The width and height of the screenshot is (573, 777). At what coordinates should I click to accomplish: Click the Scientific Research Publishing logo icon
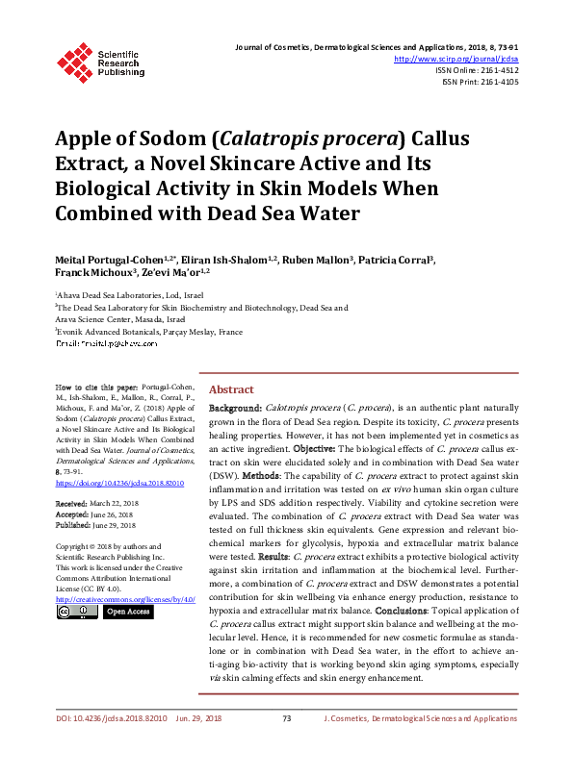click(x=74, y=59)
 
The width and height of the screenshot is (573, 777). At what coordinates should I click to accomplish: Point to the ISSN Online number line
click(x=477, y=70)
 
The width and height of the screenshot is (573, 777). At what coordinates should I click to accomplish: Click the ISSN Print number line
click(x=480, y=83)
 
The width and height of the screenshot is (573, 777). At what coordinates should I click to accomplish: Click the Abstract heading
click(x=231, y=389)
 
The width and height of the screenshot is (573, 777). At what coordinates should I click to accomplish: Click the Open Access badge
click(x=127, y=611)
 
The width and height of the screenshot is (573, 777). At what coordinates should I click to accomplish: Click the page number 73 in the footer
click(x=286, y=745)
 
